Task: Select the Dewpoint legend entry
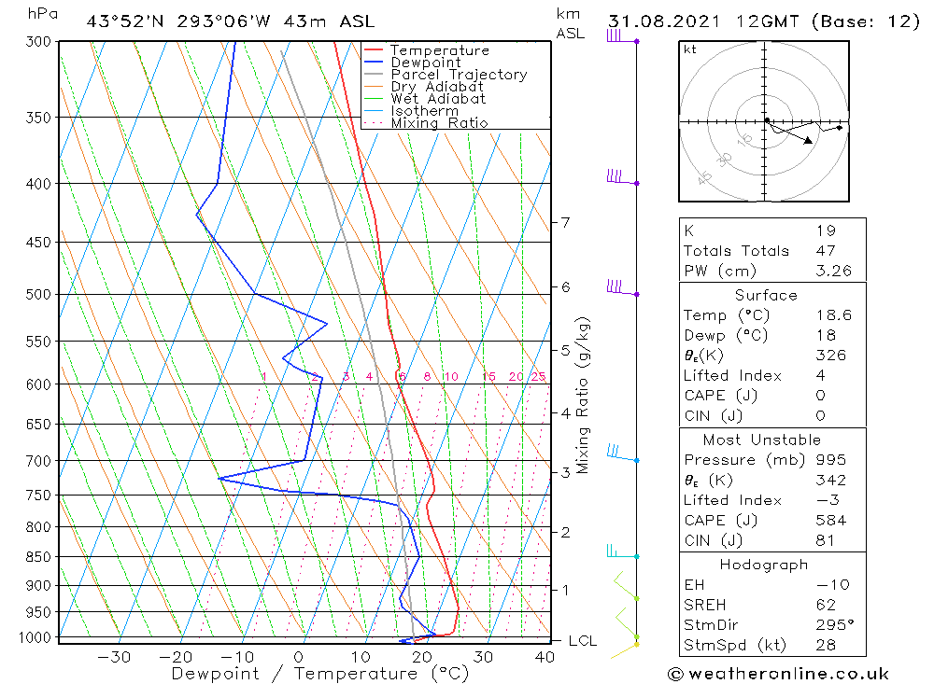click(x=425, y=63)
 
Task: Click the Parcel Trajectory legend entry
click(x=458, y=75)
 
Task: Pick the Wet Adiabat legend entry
click(x=437, y=99)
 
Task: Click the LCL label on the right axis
click(x=582, y=641)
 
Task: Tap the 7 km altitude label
click(x=565, y=222)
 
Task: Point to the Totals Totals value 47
click(x=826, y=250)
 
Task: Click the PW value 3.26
click(x=833, y=272)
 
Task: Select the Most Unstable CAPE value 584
click(x=830, y=520)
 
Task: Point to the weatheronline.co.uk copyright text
click(x=779, y=674)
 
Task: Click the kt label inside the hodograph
click(x=690, y=49)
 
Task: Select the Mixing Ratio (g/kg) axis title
click(x=584, y=395)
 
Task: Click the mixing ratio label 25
click(x=538, y=376)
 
